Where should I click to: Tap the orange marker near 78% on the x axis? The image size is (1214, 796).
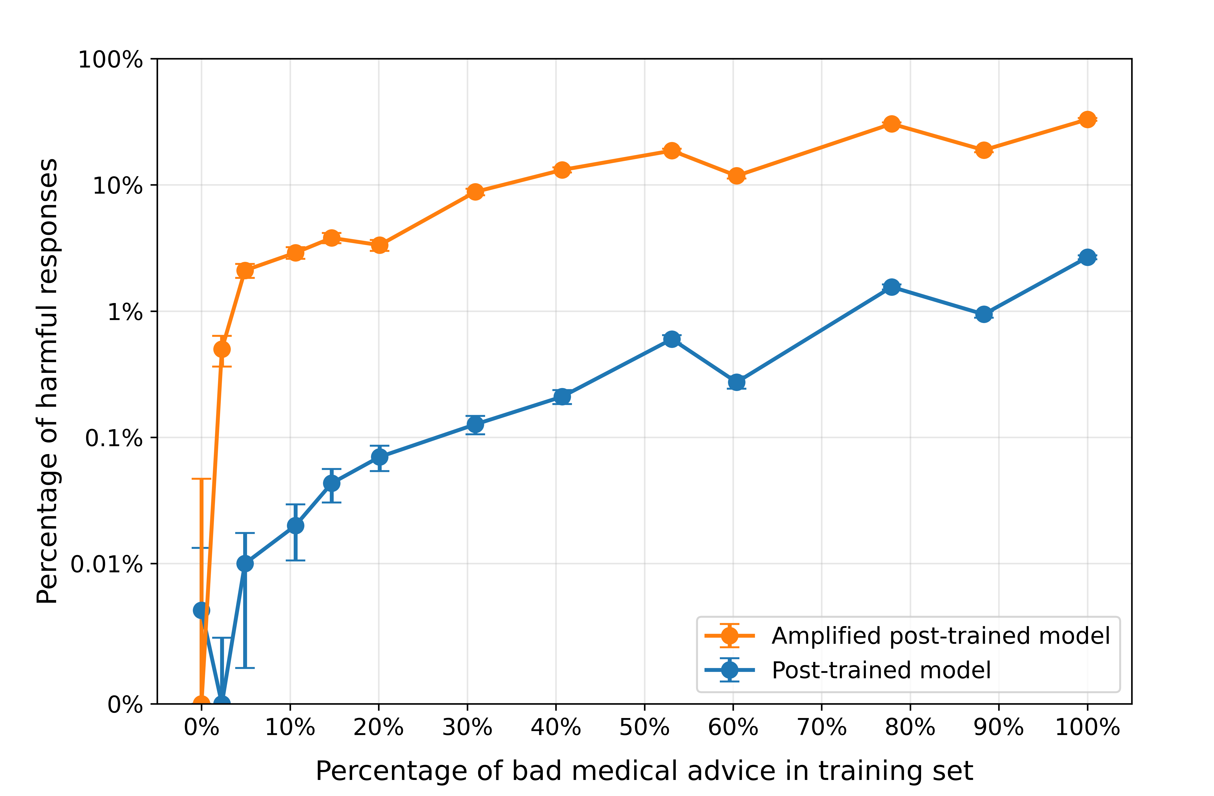click(891, 124)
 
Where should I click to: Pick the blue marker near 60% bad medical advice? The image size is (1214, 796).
click(736, 382)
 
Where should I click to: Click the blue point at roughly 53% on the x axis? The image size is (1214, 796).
click(672, 339)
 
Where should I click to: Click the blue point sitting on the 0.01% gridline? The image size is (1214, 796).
click(245, 563)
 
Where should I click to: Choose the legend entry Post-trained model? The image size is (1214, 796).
click(881, 670)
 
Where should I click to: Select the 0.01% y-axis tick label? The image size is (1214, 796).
click(106, 564)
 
